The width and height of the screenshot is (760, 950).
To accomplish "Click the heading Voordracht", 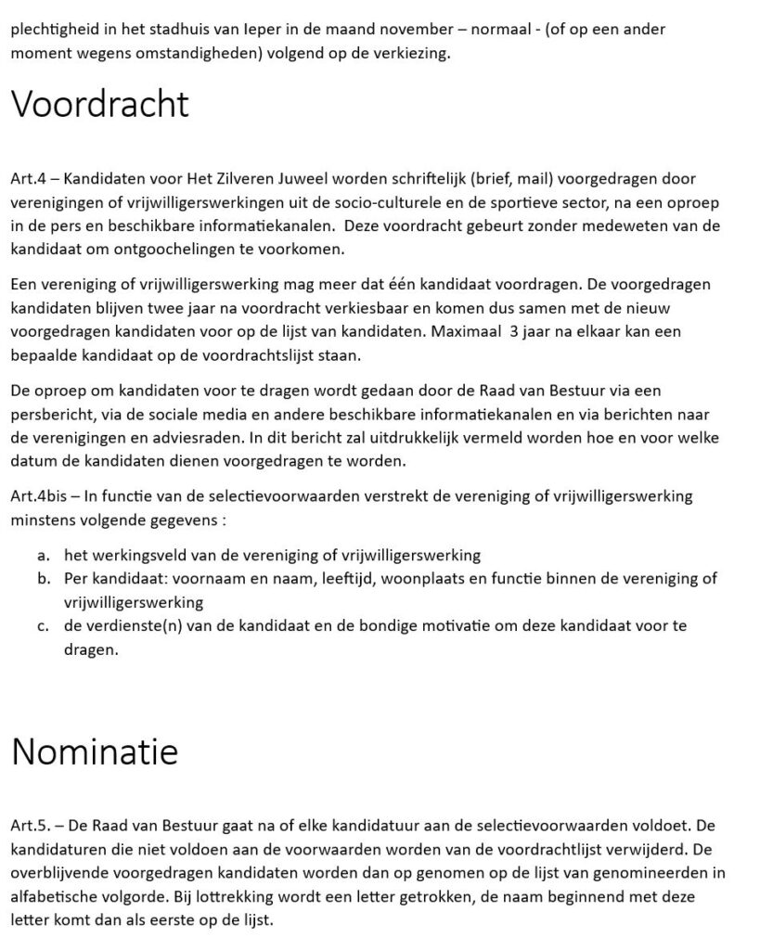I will pos(99,104).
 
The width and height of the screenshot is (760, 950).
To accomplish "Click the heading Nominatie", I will pos(94,751).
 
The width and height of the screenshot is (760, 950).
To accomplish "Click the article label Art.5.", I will pos(31,825).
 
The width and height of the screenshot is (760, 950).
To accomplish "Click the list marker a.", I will pos(44,556).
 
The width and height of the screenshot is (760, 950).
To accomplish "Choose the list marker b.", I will pos(44,580).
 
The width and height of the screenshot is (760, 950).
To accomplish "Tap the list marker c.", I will pos(44,626).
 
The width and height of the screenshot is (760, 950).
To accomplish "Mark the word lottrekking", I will pos(249,897).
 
